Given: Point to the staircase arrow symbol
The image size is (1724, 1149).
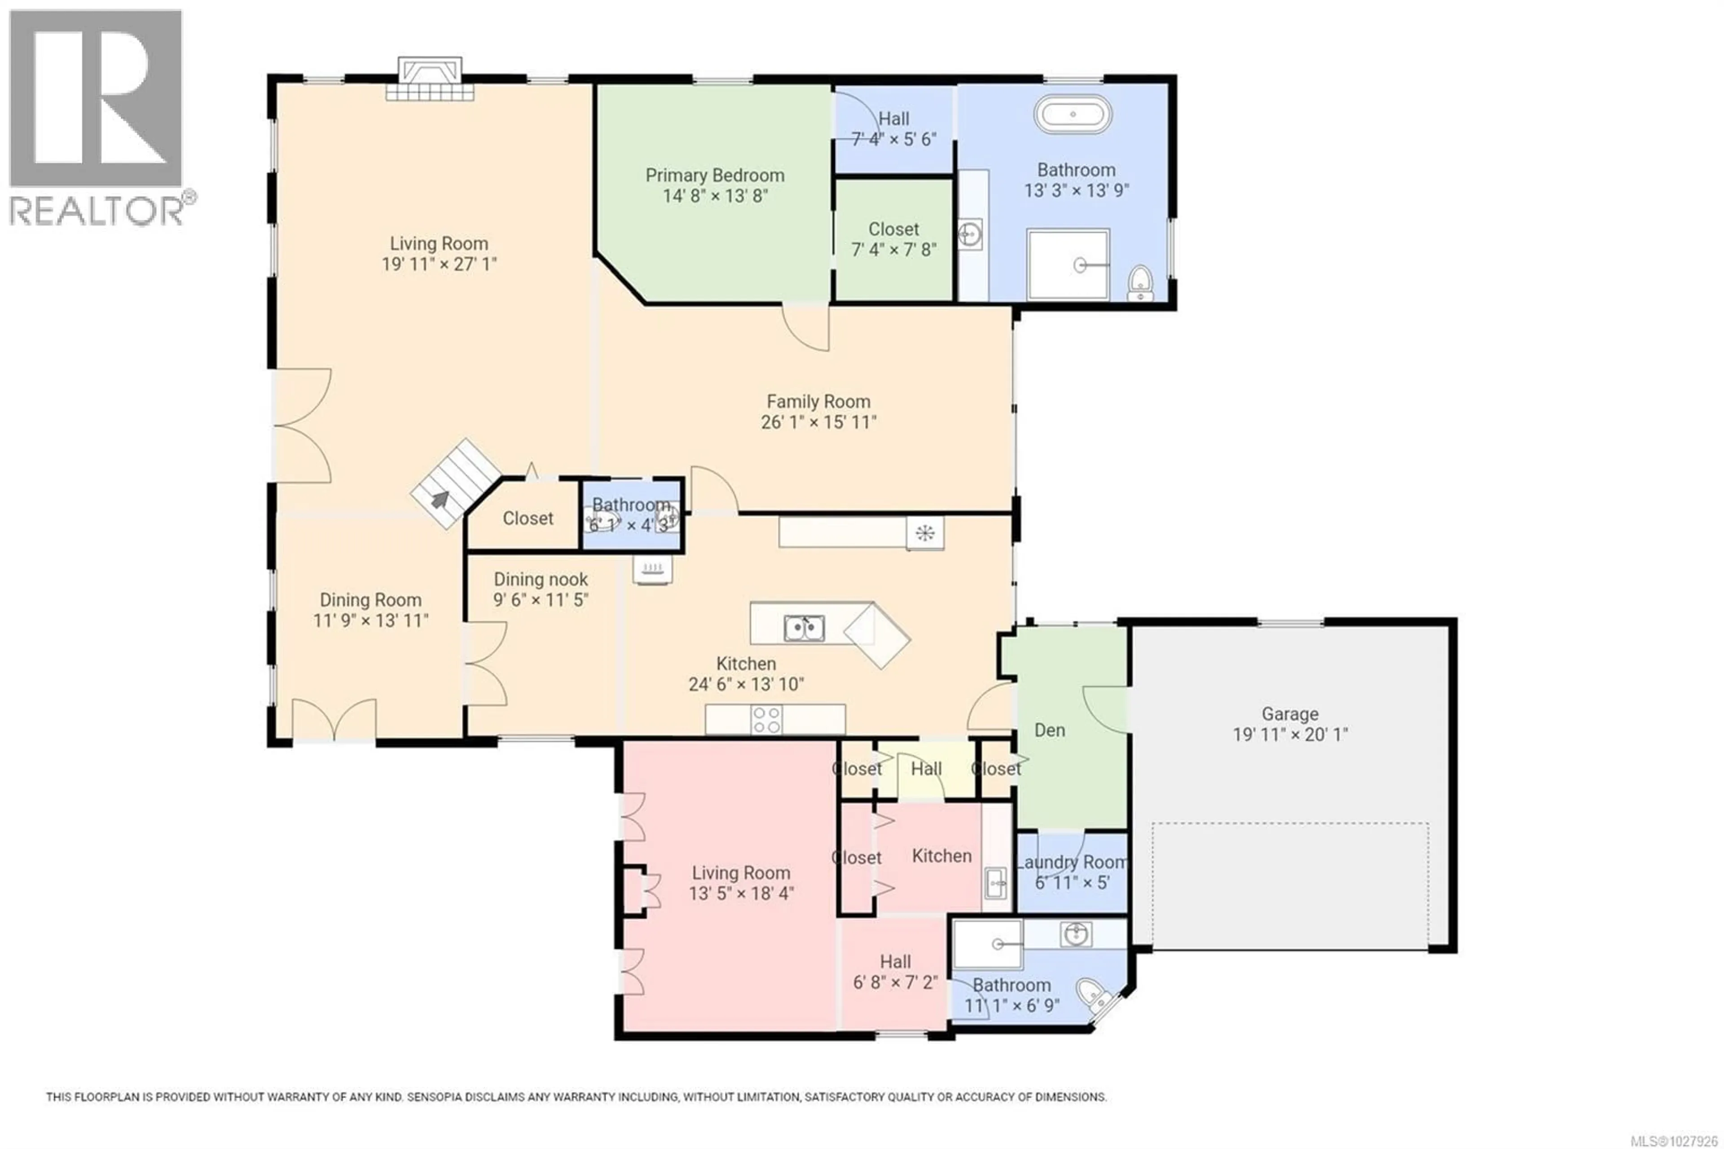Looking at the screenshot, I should [440, 499].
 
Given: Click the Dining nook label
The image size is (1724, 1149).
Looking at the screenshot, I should [541, 579].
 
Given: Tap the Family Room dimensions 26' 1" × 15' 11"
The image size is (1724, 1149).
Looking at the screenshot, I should [818, 422].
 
